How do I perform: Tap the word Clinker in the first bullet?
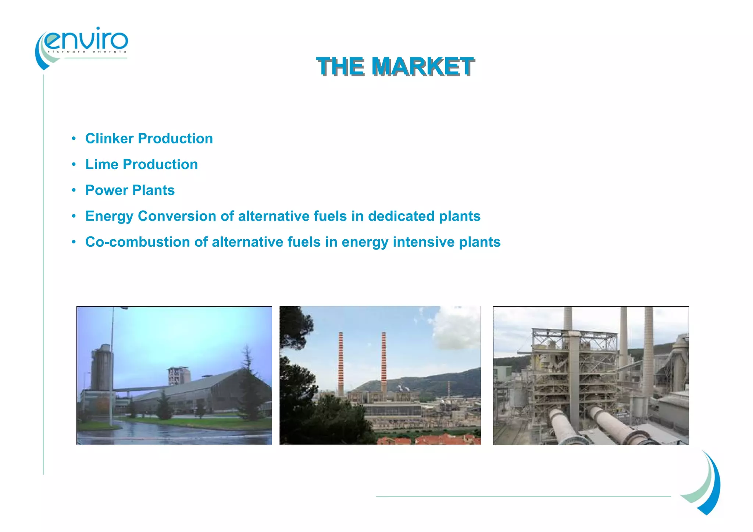pos(109,139)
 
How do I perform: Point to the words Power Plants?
pos(130,190)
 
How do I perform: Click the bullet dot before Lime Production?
pos(74,164)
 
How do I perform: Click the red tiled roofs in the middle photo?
pos(441,439)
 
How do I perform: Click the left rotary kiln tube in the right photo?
pos(563,426)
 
